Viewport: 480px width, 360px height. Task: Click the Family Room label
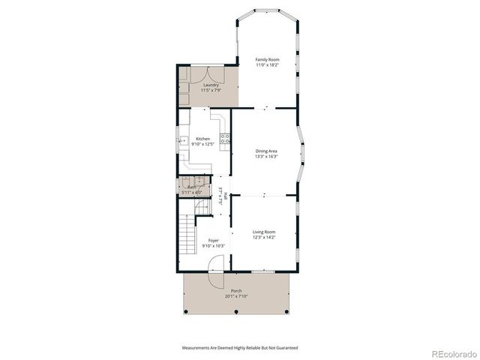coord(267,59)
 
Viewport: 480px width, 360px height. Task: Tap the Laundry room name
coord(211,85)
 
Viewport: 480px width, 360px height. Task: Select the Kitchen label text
coord(202,139)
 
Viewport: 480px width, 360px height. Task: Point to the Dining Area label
coord(267,151)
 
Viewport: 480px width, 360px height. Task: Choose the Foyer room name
coord(213,241)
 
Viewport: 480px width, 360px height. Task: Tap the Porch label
coord(236,291)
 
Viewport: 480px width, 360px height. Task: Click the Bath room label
coord(191,187)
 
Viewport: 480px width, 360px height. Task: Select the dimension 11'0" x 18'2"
coord(267,65)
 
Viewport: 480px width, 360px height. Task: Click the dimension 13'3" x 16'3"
coord(267,157)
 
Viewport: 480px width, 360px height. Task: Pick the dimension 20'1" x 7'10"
coord(236,296)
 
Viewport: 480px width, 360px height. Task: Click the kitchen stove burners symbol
coord(223,138)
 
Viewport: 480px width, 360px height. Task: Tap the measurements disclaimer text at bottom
coord(239,348)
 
